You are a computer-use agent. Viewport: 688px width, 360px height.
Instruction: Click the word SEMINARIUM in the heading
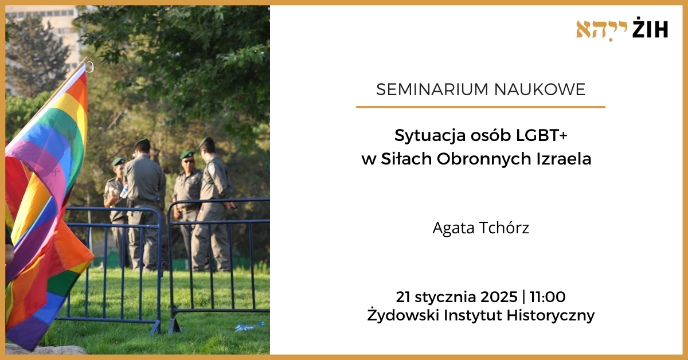click(432, 89)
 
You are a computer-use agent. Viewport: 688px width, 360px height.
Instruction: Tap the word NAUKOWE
click(540, 89)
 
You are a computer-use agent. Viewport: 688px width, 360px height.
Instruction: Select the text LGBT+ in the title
click(541, 135)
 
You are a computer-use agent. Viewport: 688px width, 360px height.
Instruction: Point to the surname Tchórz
click(504, 228)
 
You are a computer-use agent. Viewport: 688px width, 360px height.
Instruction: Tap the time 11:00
click(548, 297)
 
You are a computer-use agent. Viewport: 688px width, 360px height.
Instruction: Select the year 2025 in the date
click(499, 297)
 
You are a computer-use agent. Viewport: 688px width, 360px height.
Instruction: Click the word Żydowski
click(403, 314)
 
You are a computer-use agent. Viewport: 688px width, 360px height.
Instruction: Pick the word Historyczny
click(550, 315)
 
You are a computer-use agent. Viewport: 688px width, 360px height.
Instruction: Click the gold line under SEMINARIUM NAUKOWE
click(480, 107)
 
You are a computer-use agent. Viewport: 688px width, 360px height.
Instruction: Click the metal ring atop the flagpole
click(89, 66)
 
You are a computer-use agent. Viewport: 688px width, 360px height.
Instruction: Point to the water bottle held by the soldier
click(124, 191)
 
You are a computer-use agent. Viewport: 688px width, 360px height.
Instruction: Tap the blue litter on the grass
click(249, 327)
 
